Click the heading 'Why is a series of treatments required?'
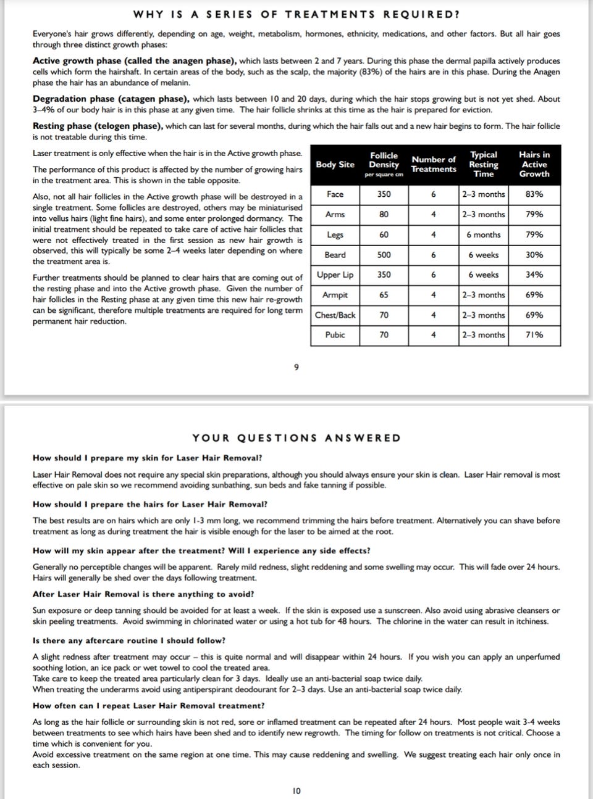tap(296, 14)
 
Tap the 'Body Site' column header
tap(335, 165)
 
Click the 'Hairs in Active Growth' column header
tap(534, 165)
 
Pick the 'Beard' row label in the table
tap(335, 255)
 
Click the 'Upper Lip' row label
tap(335, 275)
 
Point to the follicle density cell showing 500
tap(384, 255)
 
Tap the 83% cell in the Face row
tap(534, 194)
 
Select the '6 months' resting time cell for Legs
tap(483, 234)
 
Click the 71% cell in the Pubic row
tap(534, 335)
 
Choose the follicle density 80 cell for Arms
tap(384, 215)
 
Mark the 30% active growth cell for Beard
tap(534, 255)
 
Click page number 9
tap(296, 368)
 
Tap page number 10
tap(296, 790)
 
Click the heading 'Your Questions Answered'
tap(296, 438)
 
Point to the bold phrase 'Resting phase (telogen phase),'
tap(98, 126)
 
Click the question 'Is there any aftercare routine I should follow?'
tap(129, 640)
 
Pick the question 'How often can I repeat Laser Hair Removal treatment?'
tap(149, 706)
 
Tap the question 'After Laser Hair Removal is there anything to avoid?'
tap(143, 594)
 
